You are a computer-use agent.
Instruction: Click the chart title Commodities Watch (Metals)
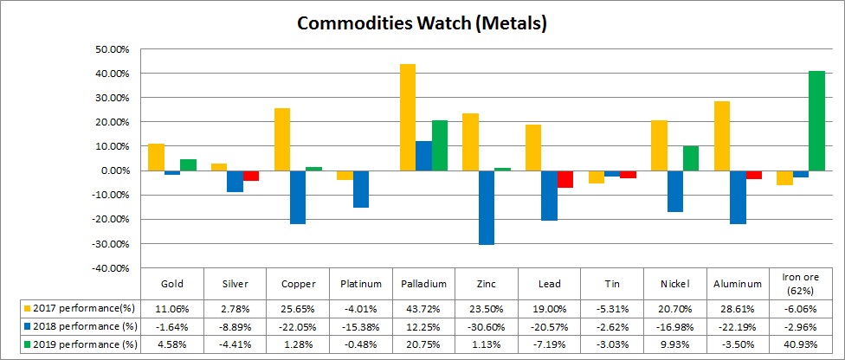pos(422,23)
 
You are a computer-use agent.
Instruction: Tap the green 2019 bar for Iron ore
pos(816,120)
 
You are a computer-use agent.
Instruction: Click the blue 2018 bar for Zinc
pos(487,208)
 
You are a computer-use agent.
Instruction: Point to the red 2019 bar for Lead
pos(565,179)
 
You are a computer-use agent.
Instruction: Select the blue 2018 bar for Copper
pos(298,197)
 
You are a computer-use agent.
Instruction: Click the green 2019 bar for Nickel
pos(690,158)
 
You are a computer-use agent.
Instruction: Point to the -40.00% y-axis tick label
pos(108,269)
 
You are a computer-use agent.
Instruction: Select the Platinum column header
pos(360,284)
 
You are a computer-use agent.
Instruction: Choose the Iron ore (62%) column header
pos(802,284)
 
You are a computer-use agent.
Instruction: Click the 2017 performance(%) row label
pos(82,308)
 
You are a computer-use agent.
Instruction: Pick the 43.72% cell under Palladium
pos(423,308)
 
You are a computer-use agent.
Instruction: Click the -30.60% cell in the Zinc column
pos(487,326)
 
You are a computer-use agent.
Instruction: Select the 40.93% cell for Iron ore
pos(802,344)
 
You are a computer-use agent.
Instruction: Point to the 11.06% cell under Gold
pos(171,308)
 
